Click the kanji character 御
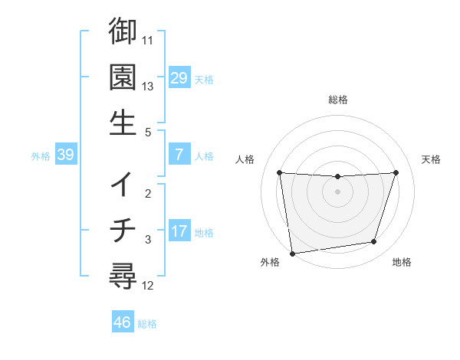123,31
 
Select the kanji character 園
123,77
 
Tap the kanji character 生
123,122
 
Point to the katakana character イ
123,185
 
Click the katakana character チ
123,230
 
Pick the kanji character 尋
123,275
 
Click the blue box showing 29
179,77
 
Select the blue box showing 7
179,154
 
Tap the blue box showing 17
179,231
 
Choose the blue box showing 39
65,155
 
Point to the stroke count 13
148,86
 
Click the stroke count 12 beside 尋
148,286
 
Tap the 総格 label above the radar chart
337,100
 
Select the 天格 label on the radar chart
432,159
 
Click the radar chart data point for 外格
291,253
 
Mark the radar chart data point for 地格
374,242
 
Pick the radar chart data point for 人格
279,172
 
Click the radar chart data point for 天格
396,172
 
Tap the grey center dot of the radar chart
337,191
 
